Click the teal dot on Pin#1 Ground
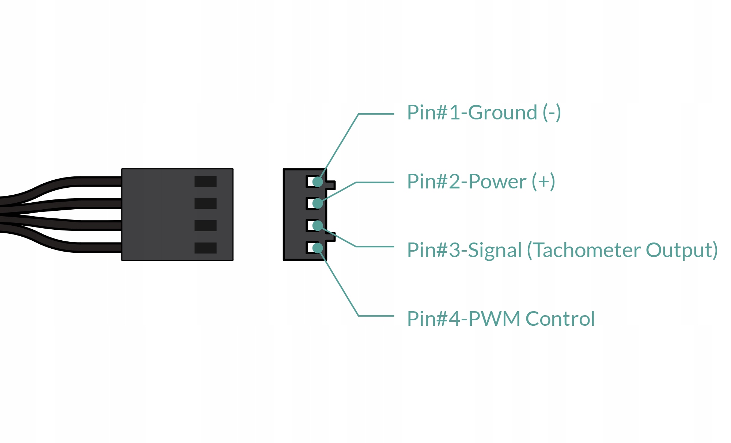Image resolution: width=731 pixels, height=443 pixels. pos(318,182)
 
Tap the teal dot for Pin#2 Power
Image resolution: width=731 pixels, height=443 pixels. pos(318,203)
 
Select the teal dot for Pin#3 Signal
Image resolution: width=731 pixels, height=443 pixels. pos(318,226)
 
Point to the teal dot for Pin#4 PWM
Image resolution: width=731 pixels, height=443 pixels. pos(318,248)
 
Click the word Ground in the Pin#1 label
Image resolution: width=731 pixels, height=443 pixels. pos(503,112)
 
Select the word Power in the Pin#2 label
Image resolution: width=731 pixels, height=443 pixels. pos(497,182)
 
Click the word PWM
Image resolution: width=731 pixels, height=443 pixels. pos(494,319)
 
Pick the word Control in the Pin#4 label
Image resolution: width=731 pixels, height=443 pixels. pos(560,319)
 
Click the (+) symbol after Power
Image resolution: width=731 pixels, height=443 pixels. pos(543,182)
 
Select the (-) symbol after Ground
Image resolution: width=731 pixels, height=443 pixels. pos(552,112)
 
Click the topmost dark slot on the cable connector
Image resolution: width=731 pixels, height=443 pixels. pos(205,182)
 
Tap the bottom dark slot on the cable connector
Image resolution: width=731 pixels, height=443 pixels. pos(205,248)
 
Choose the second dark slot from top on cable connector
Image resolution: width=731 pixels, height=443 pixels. pos(205,203)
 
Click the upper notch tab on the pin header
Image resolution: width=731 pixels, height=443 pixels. pos(331,185)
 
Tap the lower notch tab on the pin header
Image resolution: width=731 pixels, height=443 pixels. pos(331,237)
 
